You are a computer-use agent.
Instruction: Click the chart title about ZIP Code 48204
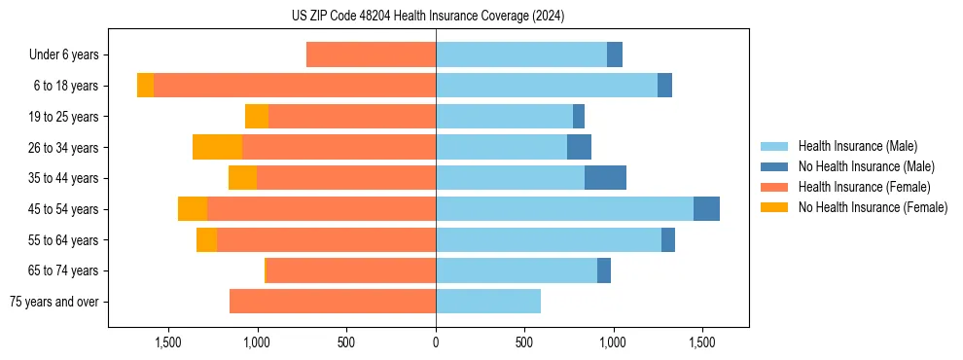pyautogui.click(x=428, y=16)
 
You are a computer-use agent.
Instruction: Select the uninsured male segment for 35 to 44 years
pyautogui.click(x=605, y=178)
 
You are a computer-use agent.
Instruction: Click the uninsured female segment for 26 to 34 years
pyautogui.click(x=217, y=147)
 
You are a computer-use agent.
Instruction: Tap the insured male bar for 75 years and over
pyautogui.click(x=488, y=302)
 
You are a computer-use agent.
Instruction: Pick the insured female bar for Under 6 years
pyautogui.click(x=371, y=54)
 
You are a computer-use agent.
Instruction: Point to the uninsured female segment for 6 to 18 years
pyautogui.click(x=145, y=86)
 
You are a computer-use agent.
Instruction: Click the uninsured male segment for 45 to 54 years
pyautogui.click(x=706, y=209)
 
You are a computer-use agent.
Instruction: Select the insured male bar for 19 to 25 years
pyautogui.click(x=504, y=117)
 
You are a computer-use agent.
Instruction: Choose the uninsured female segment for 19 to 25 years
pyautogui.click(x=257, y=117)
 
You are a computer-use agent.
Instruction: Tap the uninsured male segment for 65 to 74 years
pyautogui.click(x=604, y=270)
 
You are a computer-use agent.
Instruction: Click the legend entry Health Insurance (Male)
pyautogui.click(x=857, y=146)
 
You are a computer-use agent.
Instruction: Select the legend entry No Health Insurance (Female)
pyautogui.click(x=873, y=207)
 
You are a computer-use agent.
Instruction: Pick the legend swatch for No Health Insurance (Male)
pyautogui.click(x=775, y=166)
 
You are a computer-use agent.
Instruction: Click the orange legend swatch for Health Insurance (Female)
pyautogui.click(x=775, y=187)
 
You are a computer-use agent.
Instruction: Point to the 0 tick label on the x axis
pyautogui.click(x=436, y=342)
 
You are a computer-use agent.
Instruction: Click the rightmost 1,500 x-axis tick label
pyautogui.click(x=702, y=342)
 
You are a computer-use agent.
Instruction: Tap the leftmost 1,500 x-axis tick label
pyautogui.click(x=168, y=342)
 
